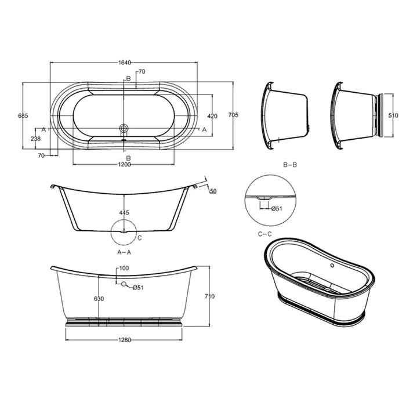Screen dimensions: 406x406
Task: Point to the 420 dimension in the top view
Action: coord(212,116)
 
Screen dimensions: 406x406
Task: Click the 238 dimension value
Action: coord(35,139)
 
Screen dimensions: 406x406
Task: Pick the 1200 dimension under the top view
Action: coord(124,165)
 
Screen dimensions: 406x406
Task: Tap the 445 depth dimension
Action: coord(124,213)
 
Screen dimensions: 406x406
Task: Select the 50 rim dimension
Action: coord(213,191)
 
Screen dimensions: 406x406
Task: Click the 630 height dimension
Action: coord(100,299)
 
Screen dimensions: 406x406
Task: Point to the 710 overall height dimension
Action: coord(209,296)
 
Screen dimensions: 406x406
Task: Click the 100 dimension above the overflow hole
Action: coord(124,269)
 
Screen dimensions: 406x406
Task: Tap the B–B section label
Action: coord(290,165)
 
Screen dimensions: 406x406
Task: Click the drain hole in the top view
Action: coord(123,127)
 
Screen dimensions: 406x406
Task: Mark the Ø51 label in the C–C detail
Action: coord(277,209)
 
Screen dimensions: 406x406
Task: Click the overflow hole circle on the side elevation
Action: coord(123,284)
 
